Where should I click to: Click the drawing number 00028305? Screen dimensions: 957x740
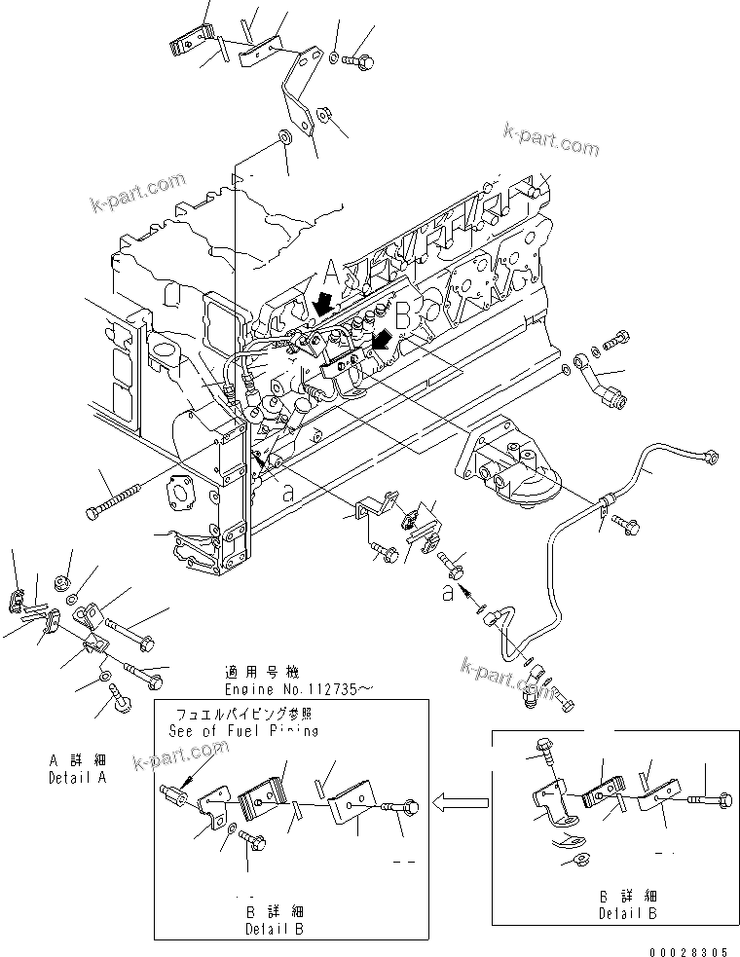(x=687, y=950)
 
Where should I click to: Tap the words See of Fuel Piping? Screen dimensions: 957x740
(x=242, y=730)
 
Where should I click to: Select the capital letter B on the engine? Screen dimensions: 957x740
(x=401, y=312)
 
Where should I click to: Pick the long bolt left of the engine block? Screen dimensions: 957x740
(x=119, y=497)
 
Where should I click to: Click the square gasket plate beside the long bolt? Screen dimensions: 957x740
(x=182, y=493)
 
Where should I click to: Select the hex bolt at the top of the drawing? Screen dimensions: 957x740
(x=359, y=60)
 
